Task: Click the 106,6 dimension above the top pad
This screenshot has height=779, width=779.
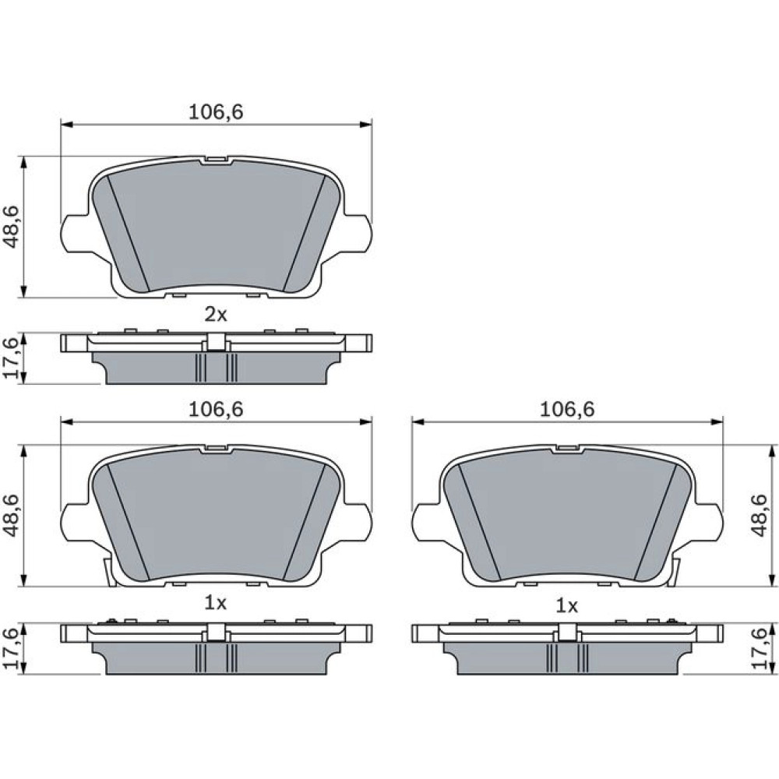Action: coord(216,112)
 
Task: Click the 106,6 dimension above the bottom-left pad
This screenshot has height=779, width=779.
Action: coord(216,410)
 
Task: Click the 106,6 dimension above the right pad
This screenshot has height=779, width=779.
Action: coord(567,410)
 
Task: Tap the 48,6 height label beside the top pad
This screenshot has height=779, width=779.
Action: coord(11,227)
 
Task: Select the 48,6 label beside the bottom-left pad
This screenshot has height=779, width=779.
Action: coord(11,515)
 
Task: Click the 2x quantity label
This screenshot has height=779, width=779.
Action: coord(216,315)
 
